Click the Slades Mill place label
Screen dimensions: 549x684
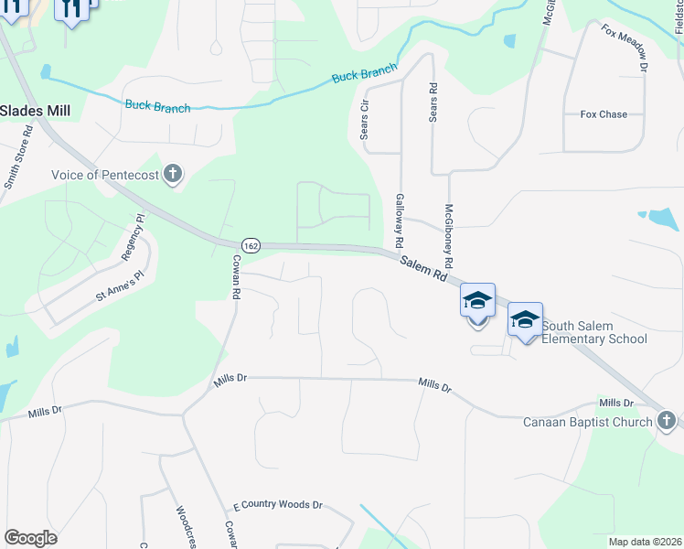coord(36,110)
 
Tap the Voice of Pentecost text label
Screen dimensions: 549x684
coord(105,175)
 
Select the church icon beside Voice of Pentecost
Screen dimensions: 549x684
coord(173,174)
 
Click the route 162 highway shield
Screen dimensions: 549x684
coord(252,245)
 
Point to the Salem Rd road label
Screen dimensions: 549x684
coord(427,268)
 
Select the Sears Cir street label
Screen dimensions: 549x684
coord(365,120)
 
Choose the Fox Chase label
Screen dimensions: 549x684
coord(604,114)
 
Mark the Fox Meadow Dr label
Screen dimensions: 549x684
coord(625,48)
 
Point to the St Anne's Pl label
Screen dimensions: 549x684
coord(121,286)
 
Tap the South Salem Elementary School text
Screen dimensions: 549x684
coord(594,332)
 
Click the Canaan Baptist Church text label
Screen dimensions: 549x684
coord(587,422)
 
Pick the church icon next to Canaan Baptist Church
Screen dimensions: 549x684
coord(667,421)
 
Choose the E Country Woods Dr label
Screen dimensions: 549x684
coord(278,504)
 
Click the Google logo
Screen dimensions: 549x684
coord(30,538)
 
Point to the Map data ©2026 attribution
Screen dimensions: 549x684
coord(645,542)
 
